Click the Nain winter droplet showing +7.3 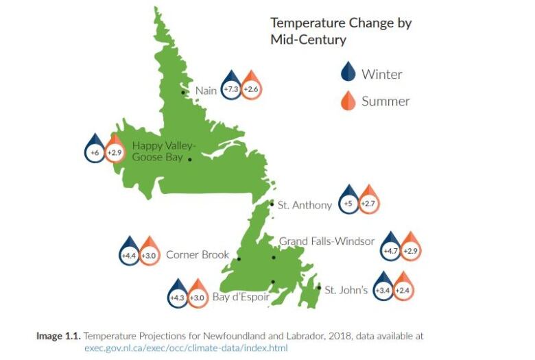tap(231, 87)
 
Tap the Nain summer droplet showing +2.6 tap(251, 87)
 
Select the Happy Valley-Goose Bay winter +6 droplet tap(95, 150)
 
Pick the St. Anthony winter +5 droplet tap(348, 202)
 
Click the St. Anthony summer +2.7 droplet tap(368, 202)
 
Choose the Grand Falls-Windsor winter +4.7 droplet tap(391, 248)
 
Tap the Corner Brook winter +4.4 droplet tap(129, 253)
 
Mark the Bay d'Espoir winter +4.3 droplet tap(178, 296)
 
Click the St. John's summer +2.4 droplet tap(403, 288)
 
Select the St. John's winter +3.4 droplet tap(383, 288)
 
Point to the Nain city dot tap(183, 93)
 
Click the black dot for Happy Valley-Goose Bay tap(190, 159)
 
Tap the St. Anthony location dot tap(272, 204)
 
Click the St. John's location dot tap(319, 288)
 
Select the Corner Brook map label tap(198, 254)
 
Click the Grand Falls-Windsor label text tap(327, 241)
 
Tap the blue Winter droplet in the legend tap(348, 71)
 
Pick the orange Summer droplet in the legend tap(348, 101)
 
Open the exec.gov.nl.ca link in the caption tap(187, 348)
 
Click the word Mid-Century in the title tap(309, 40)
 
